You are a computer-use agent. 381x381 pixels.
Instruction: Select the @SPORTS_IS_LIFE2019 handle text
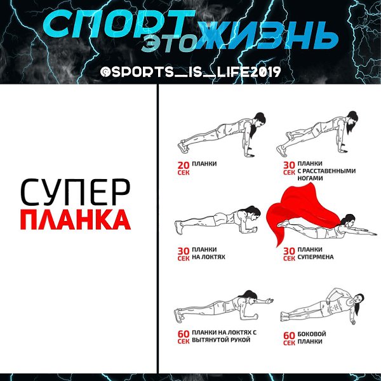[x=190, y=72]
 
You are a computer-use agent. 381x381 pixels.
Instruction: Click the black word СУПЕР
[x=76, y=192]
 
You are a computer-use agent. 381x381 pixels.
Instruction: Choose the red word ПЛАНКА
[x=76, y=220]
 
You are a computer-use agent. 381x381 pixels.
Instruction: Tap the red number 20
[x=184, y=166]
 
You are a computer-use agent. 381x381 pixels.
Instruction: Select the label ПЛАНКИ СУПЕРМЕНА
[x=316, y=253]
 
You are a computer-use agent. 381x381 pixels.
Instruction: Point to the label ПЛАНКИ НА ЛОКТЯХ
[x=208, y=253]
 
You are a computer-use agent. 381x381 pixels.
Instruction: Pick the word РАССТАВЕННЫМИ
[x=329, y=171]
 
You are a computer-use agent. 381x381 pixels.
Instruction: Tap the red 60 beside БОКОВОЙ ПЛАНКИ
[x=289, y=335]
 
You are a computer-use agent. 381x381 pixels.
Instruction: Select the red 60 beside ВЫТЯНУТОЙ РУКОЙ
[x=184, y=334]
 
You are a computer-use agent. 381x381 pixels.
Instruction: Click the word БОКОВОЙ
[x=312, y=334]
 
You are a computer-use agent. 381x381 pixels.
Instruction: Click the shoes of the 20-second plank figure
[x=183, y=147]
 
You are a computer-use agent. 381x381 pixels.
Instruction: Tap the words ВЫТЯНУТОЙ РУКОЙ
[x=221, y=340]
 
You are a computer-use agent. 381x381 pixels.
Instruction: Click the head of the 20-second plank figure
[x=259, y=120]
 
